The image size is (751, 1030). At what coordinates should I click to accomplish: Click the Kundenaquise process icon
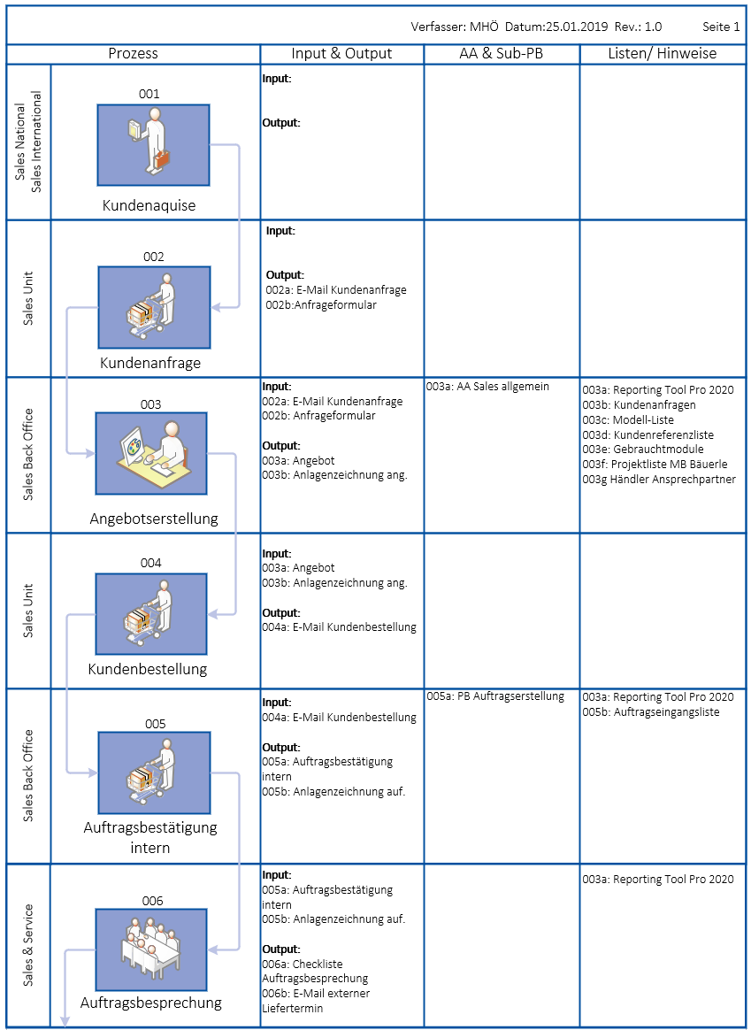153,145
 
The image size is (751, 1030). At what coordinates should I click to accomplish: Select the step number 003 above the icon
150,404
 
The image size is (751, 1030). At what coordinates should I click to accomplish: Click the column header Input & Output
341,53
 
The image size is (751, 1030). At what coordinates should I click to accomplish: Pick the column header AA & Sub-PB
502,53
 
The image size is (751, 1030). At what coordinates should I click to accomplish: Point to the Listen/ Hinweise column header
663,53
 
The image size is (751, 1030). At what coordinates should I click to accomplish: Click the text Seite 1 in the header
721,27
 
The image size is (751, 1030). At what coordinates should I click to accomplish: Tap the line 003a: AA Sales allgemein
487,387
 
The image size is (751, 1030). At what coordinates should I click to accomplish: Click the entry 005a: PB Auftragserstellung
494,696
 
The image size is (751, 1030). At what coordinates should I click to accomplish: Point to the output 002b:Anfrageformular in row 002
321,304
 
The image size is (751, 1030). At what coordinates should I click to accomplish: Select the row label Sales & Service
28,945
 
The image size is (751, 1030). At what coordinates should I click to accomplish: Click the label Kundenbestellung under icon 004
148,669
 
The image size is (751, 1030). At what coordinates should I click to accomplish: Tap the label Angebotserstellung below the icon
154,519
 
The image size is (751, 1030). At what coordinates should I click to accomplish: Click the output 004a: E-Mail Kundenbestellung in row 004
339,627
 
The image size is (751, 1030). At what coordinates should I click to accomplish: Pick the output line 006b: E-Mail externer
316,994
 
